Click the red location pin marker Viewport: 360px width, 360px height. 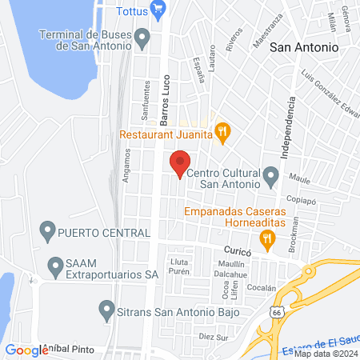[180, 163]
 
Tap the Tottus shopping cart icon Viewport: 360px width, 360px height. [158, 10]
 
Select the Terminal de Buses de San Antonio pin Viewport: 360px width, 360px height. [143, 36]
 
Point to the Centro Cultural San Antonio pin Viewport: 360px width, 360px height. [270, 173]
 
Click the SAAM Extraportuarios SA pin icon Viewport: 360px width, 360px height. [55, 264]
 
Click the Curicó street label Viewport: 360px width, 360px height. [237, 250]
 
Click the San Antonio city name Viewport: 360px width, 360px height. [304, 47]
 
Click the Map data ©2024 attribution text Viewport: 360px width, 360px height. [323, 354]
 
